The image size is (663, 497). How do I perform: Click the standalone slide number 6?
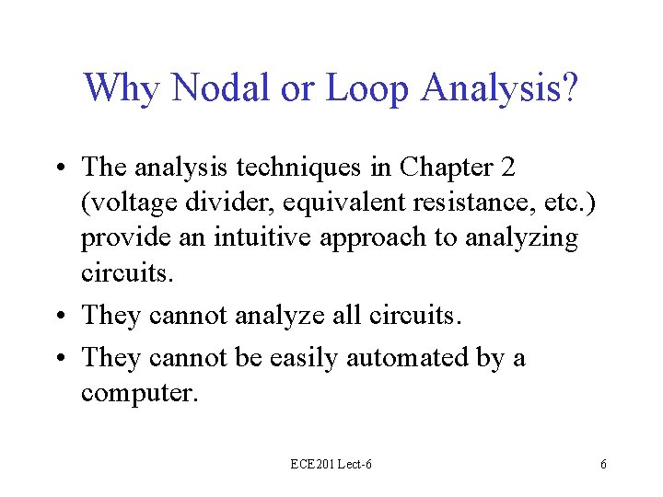pyautogui.click(x=603, y=465)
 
